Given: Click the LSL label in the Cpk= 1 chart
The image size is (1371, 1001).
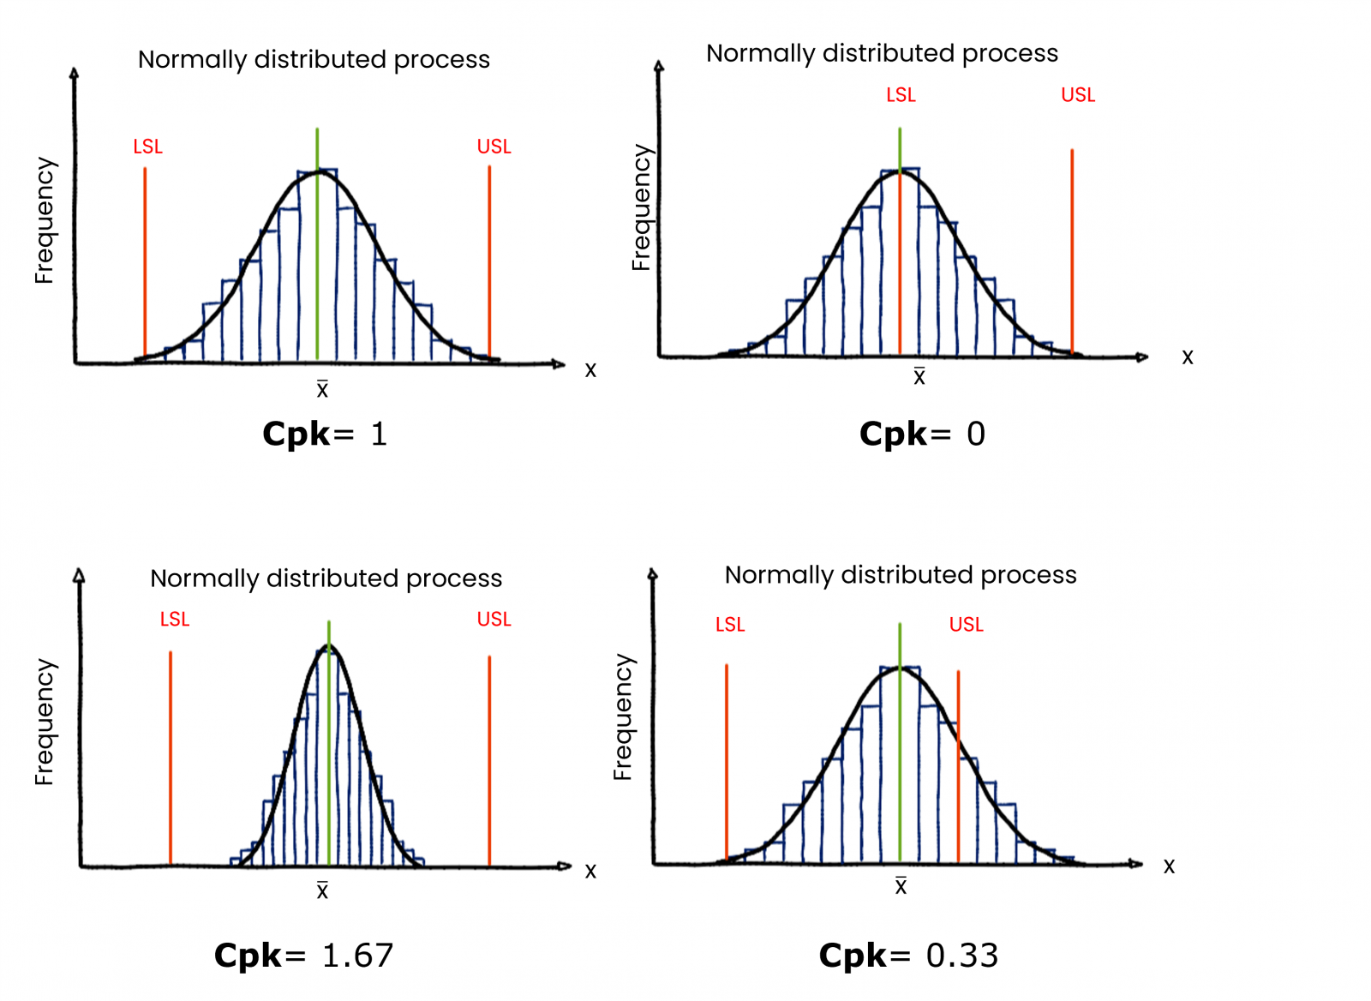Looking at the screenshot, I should click(147, 147).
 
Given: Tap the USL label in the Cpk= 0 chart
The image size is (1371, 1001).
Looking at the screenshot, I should click(1078, 95).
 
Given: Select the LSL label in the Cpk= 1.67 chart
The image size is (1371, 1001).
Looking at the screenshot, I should click(175, 619).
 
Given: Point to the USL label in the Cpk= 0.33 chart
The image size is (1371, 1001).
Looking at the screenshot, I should click(966, 625).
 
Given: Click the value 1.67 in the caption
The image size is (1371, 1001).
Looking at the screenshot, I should click(358, 955).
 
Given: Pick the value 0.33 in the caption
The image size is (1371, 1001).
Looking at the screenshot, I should click(961, 955).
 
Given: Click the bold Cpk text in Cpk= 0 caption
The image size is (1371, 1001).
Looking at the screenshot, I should click(893, 434).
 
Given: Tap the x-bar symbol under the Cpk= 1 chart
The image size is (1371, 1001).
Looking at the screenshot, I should click(322, 389).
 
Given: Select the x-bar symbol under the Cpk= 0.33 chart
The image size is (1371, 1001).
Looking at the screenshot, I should click(901, 886).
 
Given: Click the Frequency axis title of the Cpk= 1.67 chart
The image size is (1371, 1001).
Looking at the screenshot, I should click(45, 722).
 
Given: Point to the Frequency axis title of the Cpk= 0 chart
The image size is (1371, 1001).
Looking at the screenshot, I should click(642, 207).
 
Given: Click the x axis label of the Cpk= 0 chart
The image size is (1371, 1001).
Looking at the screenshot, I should click(1187, 357).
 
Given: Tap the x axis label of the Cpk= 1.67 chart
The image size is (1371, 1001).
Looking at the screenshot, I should click(590, 872).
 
